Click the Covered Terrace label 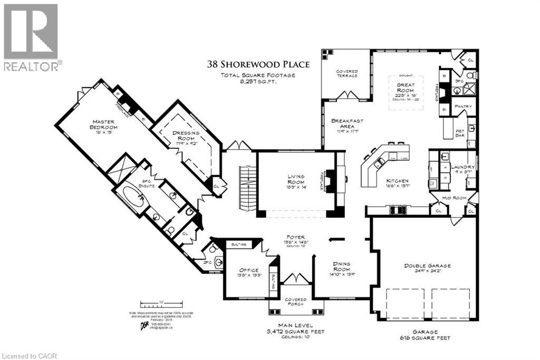tap(347, 73)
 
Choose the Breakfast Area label tap(347, 124)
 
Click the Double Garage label tap(427, 266)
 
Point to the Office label tap(249, 270)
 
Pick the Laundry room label tap(465, 167)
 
